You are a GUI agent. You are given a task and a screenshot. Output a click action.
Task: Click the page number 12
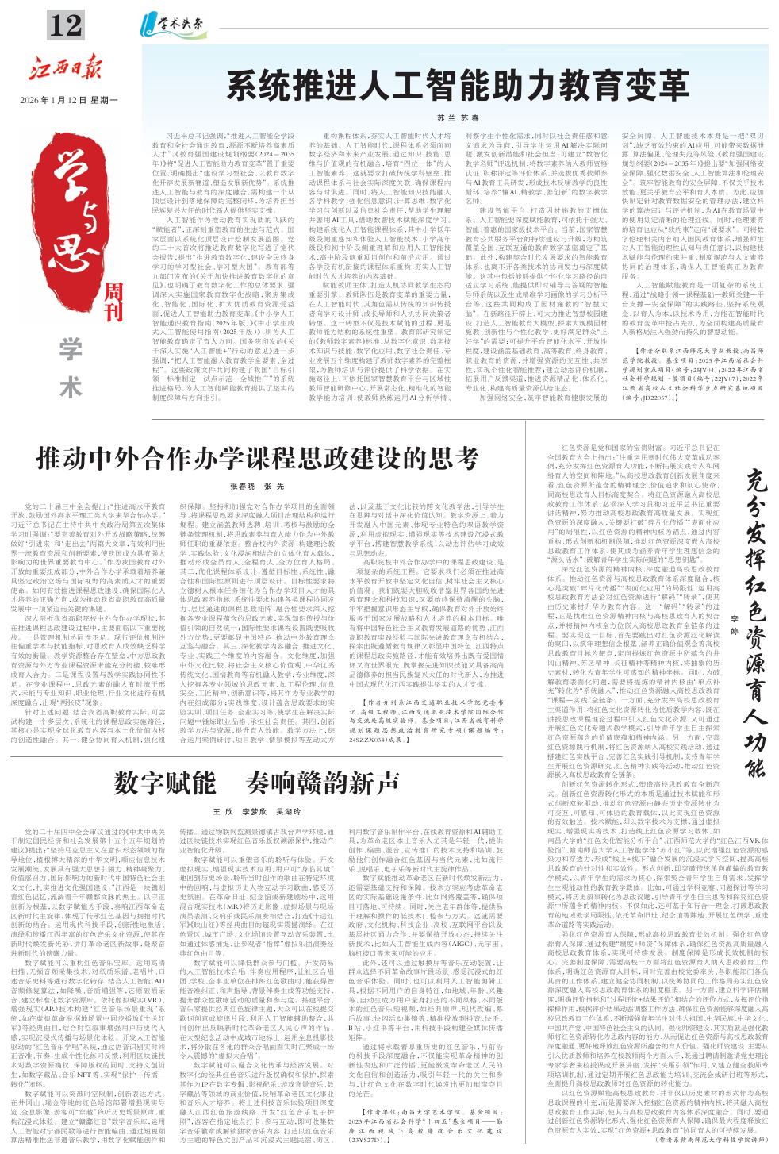point(65,26)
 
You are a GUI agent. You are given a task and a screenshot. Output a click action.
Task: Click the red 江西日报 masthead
point(66,69)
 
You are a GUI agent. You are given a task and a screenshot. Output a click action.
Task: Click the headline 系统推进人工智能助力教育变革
point(458,86)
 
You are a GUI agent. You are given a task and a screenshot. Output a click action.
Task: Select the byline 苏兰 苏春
point(458,117)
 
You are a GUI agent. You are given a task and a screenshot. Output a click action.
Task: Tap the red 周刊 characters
point(114,301)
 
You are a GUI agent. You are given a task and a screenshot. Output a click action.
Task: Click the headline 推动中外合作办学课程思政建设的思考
point(257,459)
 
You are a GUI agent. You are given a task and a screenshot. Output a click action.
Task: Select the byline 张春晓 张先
point(257,486)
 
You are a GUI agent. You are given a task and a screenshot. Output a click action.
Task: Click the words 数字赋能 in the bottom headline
point(164,783)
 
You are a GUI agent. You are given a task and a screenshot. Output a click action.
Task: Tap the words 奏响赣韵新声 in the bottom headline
point(322,783)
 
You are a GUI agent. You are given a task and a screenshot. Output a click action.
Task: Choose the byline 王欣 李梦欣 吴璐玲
point(256,812)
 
